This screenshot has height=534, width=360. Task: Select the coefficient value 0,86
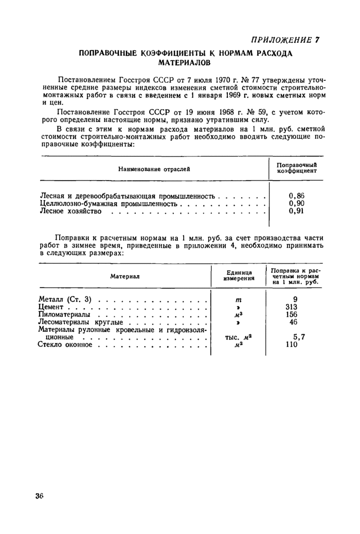(x=297, y=195)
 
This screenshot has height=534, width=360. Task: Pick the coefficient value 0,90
(x=297, y=203)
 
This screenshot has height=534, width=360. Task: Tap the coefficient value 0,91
(x=297, y=211)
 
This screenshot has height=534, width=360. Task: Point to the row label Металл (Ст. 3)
(x=65, y=299)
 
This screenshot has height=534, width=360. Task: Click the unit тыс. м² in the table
(x=238, y=337)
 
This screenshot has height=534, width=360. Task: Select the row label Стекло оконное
(x=65, y=345)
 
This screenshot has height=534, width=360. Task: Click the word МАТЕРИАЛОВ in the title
(x=183, y=63)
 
